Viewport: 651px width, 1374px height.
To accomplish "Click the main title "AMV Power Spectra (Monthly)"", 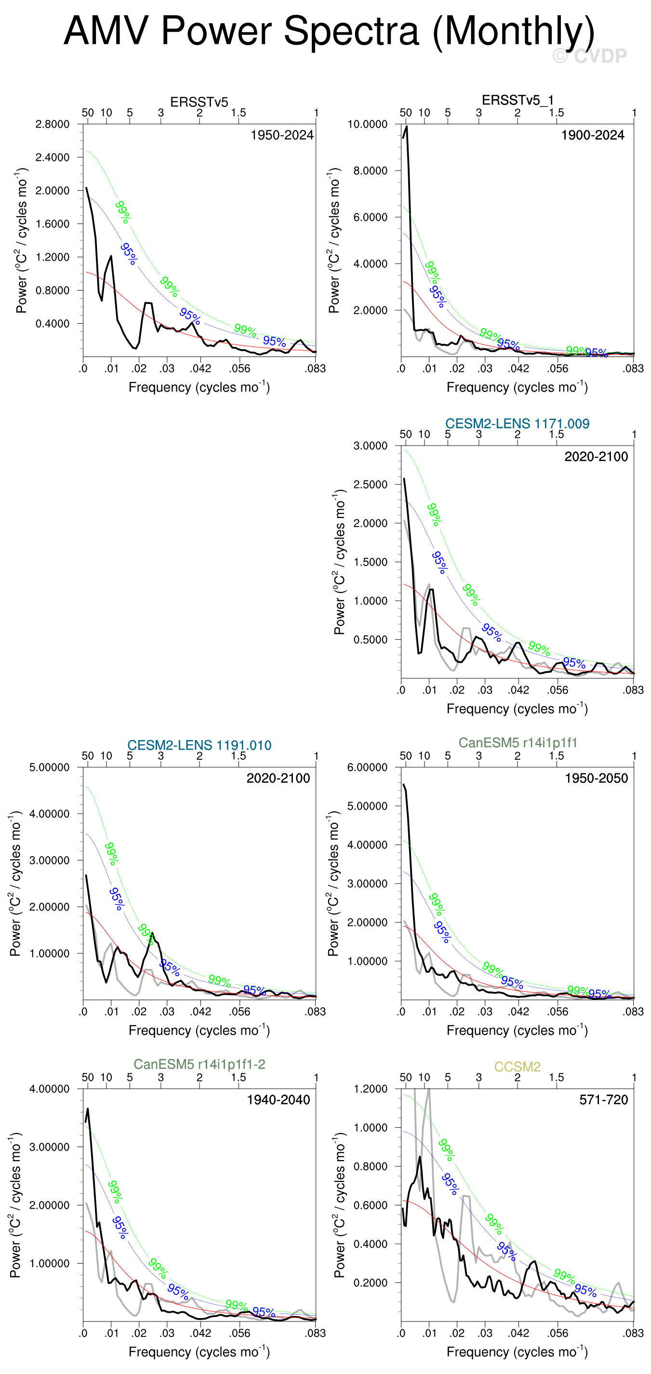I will tap(329, 31).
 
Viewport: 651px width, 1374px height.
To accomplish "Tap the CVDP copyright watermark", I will tap(590, 55).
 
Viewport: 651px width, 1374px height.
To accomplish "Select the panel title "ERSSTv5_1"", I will tap(517, 100).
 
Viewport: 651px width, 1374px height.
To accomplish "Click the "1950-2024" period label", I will tap(282, 135).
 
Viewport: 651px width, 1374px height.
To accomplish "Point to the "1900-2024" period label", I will tap(592, 135).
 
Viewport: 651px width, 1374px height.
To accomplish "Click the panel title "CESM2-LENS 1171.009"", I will tap(517, 423).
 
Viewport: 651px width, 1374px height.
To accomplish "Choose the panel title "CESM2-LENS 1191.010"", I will tap(199, 745).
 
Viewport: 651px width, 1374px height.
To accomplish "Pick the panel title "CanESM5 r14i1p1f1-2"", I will tap(199, 1064).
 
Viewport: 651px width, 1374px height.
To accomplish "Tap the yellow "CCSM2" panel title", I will tap(517, 1067).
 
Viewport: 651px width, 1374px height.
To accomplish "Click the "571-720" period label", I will tap(603, 1099).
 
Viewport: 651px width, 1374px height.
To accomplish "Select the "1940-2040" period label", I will tap(278, 1099).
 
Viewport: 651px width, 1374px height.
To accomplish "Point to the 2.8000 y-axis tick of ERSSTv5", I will tap(53, 124).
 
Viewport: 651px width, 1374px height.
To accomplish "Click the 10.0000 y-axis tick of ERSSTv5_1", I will tap(367, 124).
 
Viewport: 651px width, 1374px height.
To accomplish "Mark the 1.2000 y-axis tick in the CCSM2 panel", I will tap(371, 1089).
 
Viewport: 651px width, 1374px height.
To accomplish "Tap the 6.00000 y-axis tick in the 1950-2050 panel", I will tap(367, 767).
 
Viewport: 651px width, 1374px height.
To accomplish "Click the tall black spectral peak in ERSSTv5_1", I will tap(407, 128).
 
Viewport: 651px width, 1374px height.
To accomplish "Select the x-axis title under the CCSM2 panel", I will tap(517, 1352).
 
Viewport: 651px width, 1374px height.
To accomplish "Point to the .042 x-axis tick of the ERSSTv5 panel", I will tap(200, 369).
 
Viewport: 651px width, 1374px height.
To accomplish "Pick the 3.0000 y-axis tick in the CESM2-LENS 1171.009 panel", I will tap(371, 446).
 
